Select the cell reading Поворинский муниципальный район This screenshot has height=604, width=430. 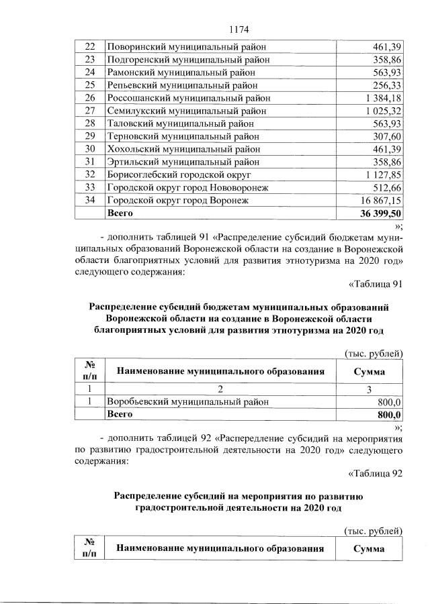coord(186,47)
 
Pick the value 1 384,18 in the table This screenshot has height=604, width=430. coord(378,98)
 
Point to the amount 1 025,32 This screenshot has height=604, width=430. coord(378,111)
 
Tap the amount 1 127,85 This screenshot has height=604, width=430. coord(378,174)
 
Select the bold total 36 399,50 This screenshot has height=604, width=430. coord(376,213)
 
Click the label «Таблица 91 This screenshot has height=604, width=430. coord(376,283)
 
